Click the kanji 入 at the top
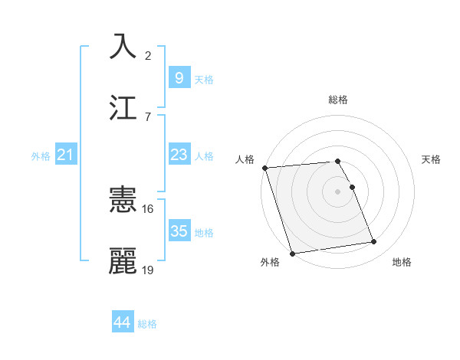(x=123, y=46)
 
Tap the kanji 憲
(x=123, y=200)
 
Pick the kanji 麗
(x=123, y=261)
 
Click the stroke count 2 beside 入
(x=148, y=55)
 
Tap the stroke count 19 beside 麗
(x=148, y=270)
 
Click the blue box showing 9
(x=179, y=77)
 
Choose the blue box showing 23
(x=179, y=155)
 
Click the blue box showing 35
(x=179, y=231)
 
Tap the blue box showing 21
(x=66, y=155)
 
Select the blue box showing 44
(x=123, y=322)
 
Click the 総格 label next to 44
(x=147, y=324)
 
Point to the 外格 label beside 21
(x=41, y=156)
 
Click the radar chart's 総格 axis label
(x=338, y=100)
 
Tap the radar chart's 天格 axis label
(x=432, y=159)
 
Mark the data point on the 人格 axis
(x=264, y=168)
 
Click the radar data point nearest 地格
(x=374, y=242)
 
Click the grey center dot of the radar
(x=338, y=191)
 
